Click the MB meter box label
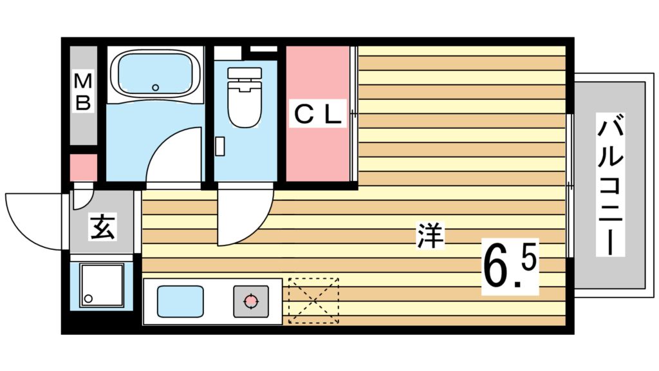[83, 92]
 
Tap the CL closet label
[317, 115]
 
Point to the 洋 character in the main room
[431, 236]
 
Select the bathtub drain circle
[154, 87]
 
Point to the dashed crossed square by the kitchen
[313, 300]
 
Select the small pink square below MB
[83, 167]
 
